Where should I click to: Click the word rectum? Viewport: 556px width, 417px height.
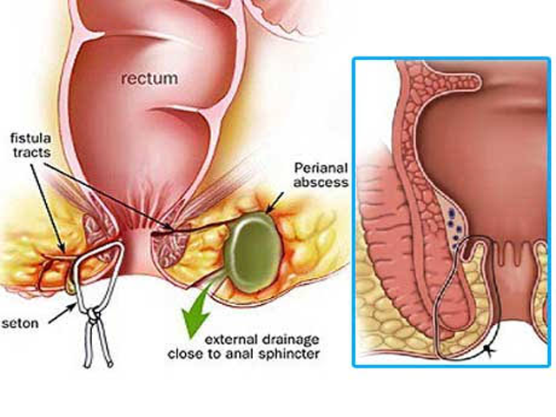click(149, 78)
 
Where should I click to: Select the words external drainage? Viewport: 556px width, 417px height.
click(261, 338)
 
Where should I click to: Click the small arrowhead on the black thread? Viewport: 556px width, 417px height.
click(491, 348)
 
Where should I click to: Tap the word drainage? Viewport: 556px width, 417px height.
click(288, 338)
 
